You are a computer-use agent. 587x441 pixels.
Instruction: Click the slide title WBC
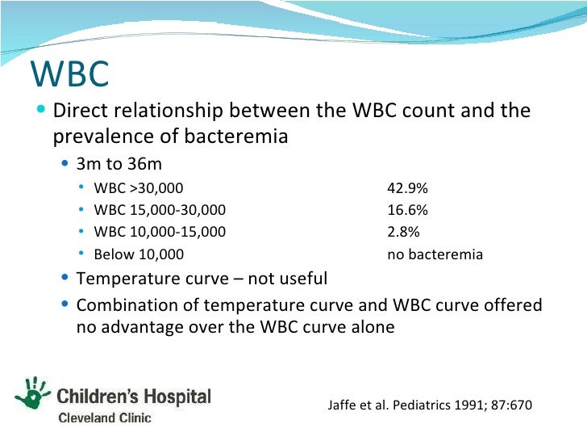69,73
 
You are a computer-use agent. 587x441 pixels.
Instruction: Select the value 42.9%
407,189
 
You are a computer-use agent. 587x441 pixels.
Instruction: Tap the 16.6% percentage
407,211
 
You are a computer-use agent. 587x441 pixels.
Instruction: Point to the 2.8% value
403,233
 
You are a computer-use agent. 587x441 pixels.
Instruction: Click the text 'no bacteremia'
435,254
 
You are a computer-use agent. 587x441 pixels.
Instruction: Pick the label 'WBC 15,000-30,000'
160,211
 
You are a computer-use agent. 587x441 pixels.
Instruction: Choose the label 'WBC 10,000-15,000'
160,233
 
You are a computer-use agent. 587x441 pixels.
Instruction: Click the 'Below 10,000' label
139,254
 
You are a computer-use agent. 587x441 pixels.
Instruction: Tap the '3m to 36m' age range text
119,164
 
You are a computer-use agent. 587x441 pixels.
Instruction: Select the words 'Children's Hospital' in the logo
134,397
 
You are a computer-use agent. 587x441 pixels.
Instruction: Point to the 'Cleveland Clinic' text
103,418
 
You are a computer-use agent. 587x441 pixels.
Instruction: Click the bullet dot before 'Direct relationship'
42,110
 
